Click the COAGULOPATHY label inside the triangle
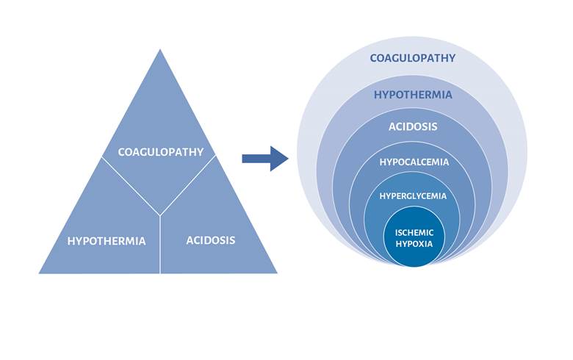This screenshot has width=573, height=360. coord(160,152)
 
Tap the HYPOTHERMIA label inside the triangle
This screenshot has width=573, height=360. coord(107,240)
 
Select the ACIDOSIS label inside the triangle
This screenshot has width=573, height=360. coord(211,240)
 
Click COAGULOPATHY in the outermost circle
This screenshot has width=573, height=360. coord(413,58)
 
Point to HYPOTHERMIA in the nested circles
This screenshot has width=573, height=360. coord(413,95)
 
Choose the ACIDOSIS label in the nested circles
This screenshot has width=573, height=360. coord(413,126)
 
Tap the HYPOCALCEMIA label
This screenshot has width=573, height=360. coord(413,162)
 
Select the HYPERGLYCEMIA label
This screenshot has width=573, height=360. coord(413,196)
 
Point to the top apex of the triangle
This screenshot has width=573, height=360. coord(160,49)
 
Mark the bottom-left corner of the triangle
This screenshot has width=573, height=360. coord(40,273)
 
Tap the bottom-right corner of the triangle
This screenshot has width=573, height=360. coord(277,273)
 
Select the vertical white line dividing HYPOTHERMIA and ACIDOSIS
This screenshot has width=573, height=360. coord(160,246)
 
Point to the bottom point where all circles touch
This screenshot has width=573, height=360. coord(413,266)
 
